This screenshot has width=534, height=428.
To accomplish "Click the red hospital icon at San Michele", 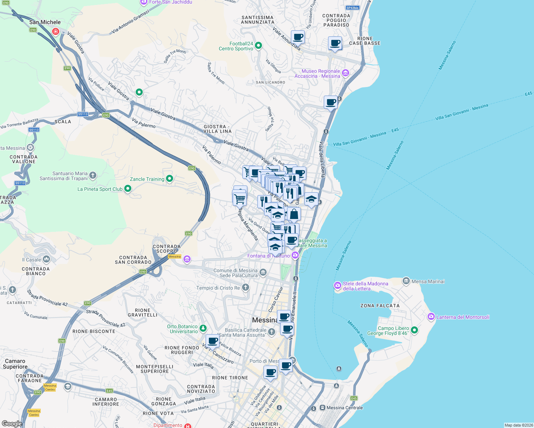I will click(x=55, y=31).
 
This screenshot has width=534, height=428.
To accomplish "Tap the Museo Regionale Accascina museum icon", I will click(x=345, y=73).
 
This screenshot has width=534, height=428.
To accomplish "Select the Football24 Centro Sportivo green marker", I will click(x=258, y=46).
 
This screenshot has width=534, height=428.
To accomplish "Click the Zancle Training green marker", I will click(x=170, y=178).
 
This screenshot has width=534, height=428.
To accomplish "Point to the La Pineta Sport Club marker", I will click(x=127, y=188).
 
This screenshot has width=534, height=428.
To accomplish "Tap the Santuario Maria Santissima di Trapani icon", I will click(x=93, y=175).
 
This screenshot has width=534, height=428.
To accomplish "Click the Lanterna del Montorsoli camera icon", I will click(x=431, y=316).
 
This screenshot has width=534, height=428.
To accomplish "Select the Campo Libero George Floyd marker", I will click(x=414, y=330).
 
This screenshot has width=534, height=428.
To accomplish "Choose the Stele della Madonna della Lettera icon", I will click(x=337, y=285).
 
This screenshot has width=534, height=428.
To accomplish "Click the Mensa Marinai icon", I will click(x=406, y=281).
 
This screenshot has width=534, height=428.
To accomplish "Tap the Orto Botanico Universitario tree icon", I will click(x=203, y=328).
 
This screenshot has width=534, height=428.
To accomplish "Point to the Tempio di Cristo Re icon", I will click(x=245, y=287).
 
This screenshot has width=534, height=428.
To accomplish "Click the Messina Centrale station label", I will click(x=344, y=408).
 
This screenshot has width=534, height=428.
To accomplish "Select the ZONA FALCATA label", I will click(x=380, y=306).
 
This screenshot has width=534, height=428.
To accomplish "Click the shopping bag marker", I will click(x=294, y=214).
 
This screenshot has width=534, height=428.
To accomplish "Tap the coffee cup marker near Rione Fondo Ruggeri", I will click(x=213, y=341).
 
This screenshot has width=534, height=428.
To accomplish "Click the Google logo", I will click(x=12, y=423).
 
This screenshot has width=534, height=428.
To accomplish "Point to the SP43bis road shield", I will click(x=352, y=7).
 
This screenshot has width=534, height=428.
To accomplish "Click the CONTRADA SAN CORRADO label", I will click(x=133, y=260).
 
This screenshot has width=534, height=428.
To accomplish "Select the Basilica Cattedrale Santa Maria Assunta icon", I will click(x=271, y=332).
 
